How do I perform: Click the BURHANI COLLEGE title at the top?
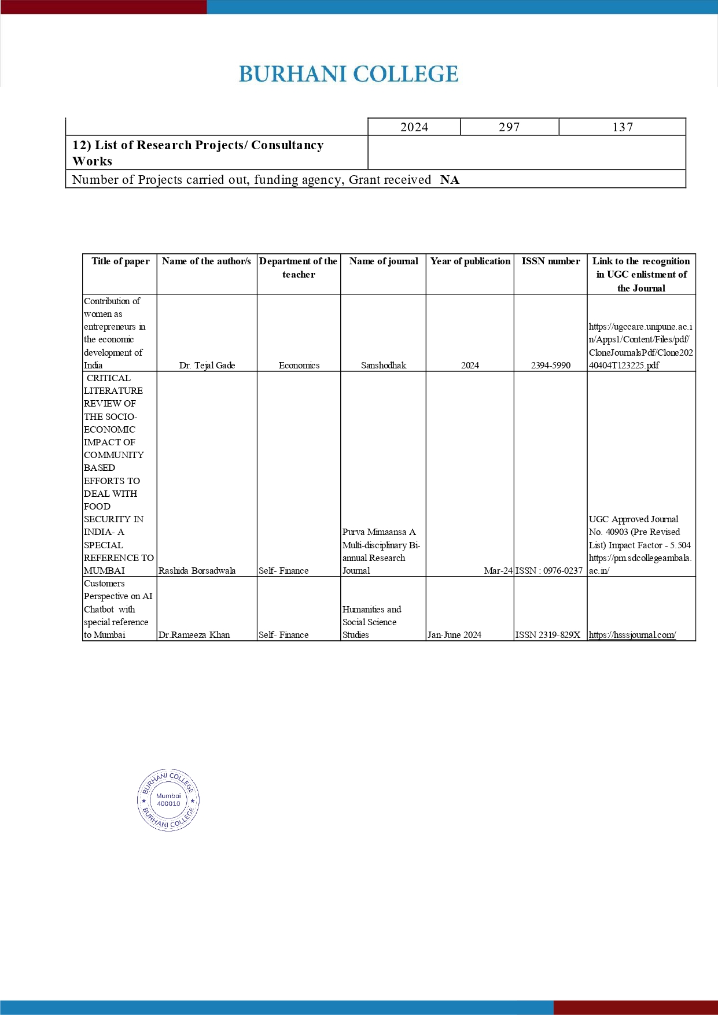(348, 74)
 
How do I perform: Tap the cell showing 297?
(509, 127)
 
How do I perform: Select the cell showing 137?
(623, 127)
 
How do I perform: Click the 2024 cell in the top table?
(414, 127)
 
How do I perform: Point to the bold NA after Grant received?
(450, 180)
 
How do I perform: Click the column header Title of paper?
(120, 261)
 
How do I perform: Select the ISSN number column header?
(550, 261)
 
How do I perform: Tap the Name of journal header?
(384, 261)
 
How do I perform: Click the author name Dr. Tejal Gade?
(207, 366)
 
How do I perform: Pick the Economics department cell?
(299, 366)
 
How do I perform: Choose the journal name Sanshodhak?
(384, 366)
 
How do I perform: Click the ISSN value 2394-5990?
(551, 366)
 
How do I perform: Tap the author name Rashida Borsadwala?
(197, 571)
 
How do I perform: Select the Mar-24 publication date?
(498, 571)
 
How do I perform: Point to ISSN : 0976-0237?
(549, 571)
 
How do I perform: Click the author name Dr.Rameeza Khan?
(194, 635)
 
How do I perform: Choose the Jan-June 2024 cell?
(454, 635)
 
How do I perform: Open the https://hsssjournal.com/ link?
(632, 635)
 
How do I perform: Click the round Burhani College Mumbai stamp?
(168, 800)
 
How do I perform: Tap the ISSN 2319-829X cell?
(548, 635)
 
